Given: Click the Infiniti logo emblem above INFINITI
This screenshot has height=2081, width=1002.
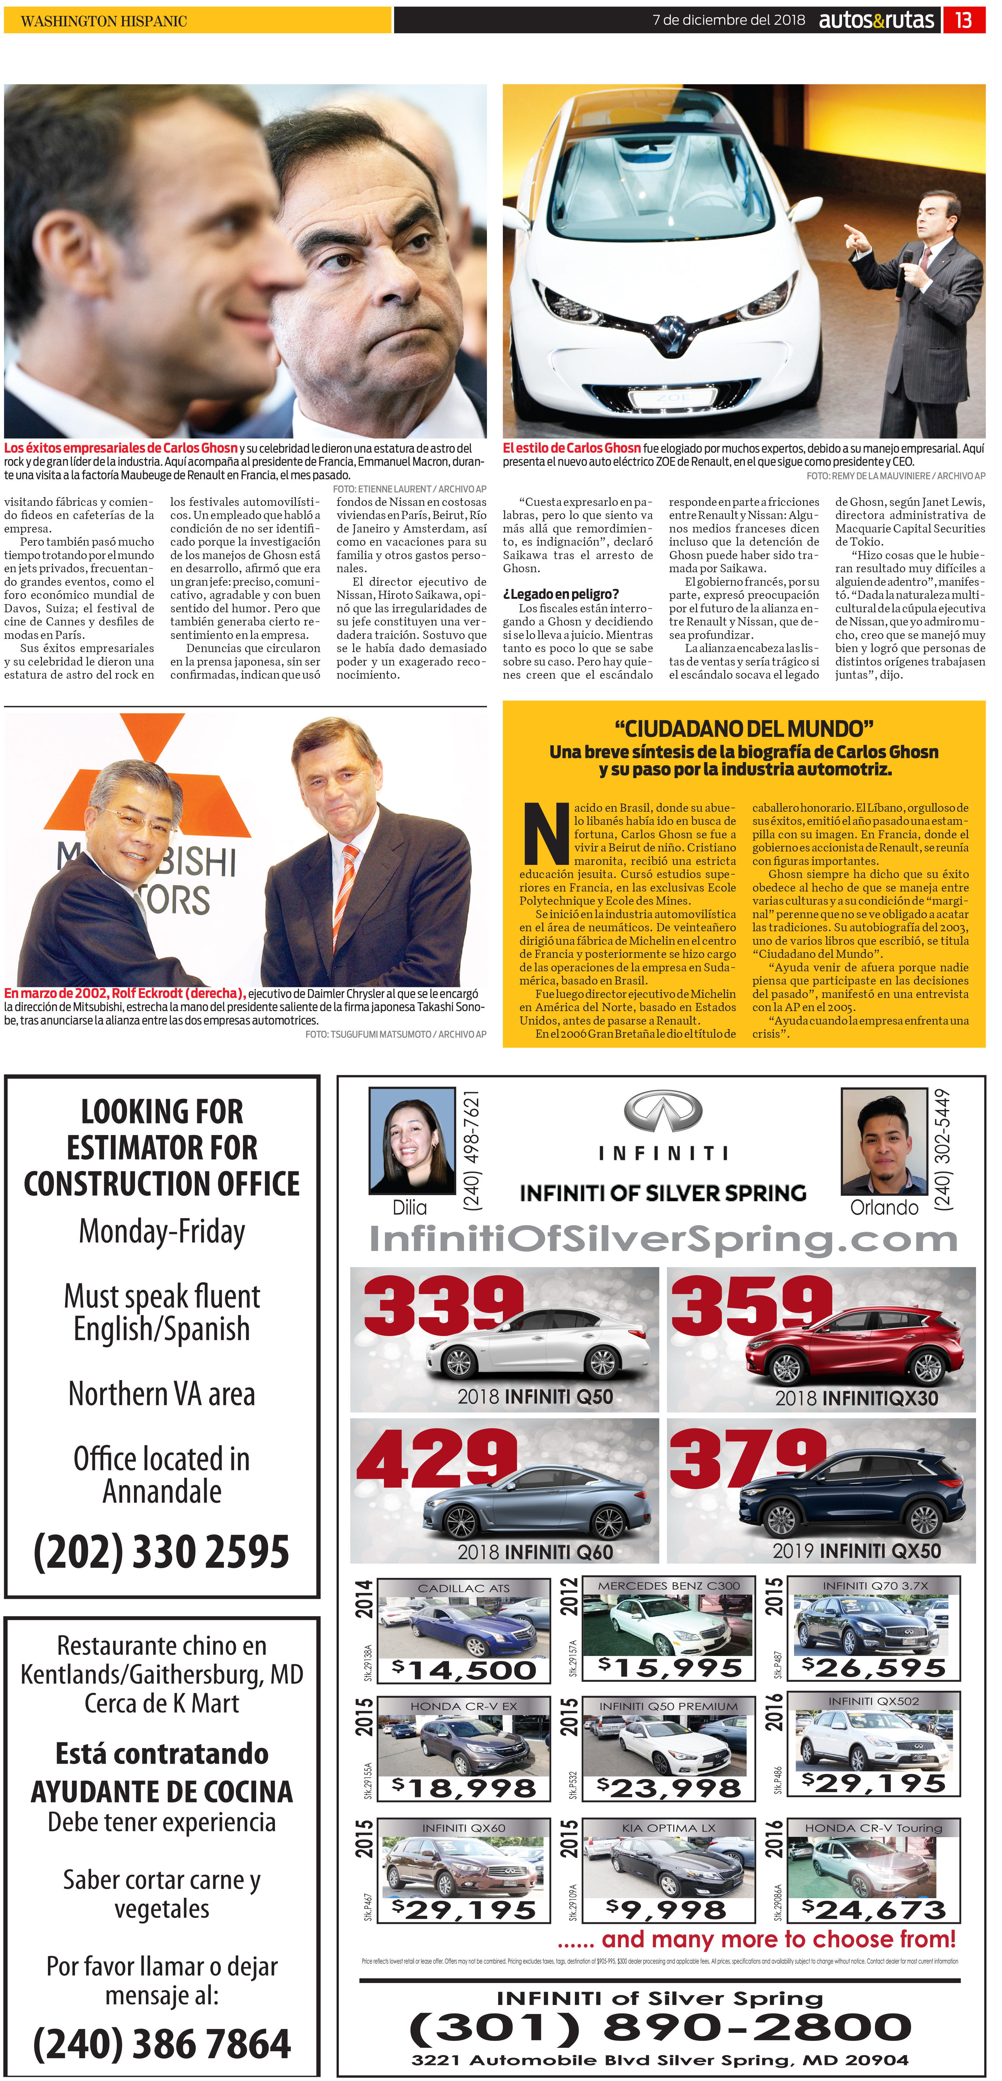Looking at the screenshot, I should (x=663, y=1112).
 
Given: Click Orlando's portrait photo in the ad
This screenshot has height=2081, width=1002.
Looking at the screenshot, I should (x=883, y=1141).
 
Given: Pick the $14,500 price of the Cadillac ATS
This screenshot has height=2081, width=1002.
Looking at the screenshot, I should (x=464, y=1670).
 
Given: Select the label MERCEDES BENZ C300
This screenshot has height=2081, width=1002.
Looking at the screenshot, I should (x=668, y=1586).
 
